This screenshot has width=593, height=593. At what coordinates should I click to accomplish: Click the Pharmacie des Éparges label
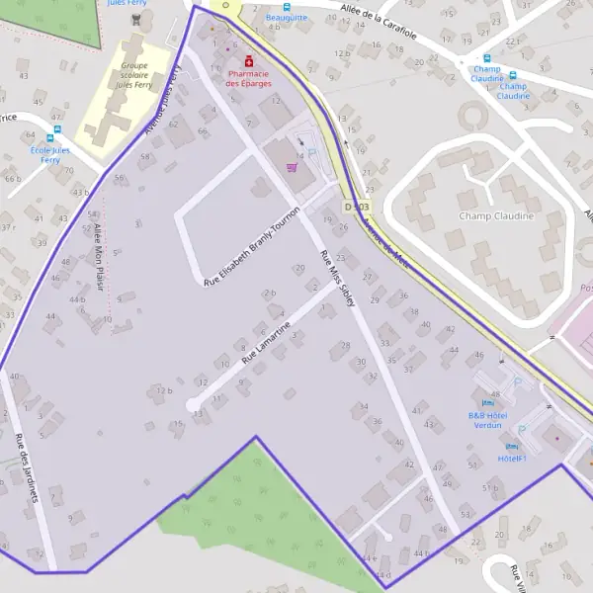pyautogui.click(x=248, y=78)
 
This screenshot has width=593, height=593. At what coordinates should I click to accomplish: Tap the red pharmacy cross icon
pyautogui.click(x=248, y=60)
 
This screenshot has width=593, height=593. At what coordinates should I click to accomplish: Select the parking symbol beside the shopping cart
pyautogui.click(x=312, y=153)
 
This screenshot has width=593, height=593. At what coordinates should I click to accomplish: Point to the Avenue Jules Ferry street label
pyautogui.click(x=163, y=100)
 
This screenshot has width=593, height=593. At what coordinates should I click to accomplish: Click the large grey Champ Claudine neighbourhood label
pyautogui.click(x=496, y=215)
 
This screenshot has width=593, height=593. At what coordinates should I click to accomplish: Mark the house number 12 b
pyautogui.click(x=164, y=390)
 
